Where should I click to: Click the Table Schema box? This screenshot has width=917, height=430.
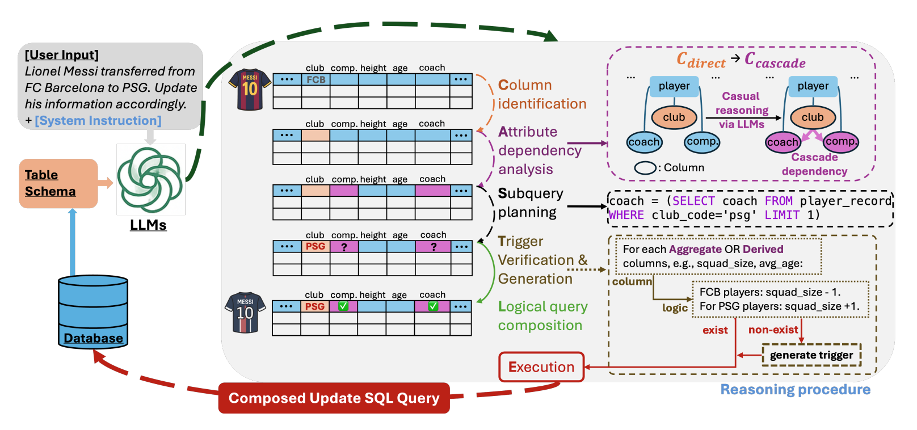(x=58, y=183)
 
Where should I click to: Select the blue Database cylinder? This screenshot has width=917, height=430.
(x=93, y=311)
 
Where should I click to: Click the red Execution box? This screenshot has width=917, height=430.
(x=541, y=367)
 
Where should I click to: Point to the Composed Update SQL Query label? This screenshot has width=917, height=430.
(x=334, y=398)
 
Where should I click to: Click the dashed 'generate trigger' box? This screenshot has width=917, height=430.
(x=811, y=355)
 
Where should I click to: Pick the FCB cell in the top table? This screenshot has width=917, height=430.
(x=316, y=79)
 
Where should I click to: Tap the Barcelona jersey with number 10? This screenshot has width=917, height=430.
(x=250, y=89)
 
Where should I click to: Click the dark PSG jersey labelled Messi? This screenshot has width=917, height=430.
(x=245, y=313)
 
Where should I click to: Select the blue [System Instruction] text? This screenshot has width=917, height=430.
(x=98, y=120)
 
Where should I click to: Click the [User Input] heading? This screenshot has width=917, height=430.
(x=62, y=54)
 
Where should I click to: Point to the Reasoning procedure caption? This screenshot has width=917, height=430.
(x=795, y=390)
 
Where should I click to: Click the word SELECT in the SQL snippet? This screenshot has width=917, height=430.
(x=693, y=201)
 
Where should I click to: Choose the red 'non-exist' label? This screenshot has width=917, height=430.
(x=773, y=330)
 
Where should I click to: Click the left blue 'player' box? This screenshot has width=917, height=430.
(x=674, y=86)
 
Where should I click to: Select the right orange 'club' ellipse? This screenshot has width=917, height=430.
(x=813, y=117)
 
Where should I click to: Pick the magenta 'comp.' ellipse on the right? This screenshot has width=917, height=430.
(x=840, y=141)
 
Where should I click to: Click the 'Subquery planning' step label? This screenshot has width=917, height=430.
(x=530, y=203)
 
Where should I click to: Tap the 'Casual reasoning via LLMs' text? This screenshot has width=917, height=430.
(x=742, y=110)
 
